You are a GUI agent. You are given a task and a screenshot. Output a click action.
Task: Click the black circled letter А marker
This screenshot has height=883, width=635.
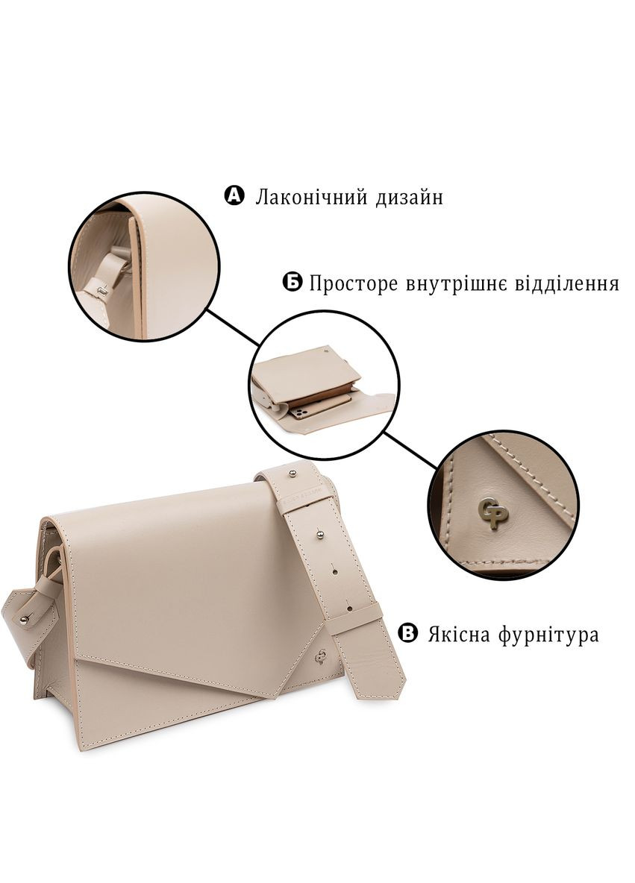pos(234,196)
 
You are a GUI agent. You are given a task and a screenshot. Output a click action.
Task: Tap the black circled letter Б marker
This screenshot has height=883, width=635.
pos(293,283)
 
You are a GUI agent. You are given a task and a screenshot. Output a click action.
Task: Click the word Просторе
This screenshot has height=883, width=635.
pos(354,284)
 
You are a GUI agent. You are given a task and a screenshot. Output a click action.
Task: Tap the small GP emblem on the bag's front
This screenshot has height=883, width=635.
pos(321,657)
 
